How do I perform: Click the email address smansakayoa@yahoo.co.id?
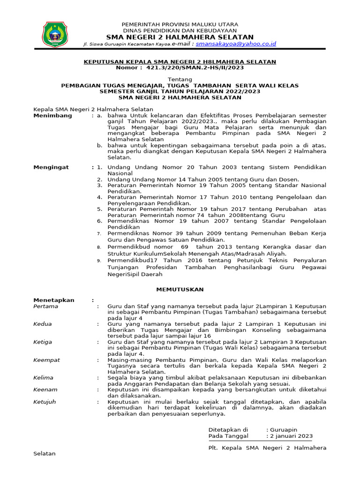click(x=236, y=44)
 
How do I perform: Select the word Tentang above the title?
click(x=180, y=80)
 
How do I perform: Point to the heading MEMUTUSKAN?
click(x=180, y=290)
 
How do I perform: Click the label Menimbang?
click(x=53, y=115)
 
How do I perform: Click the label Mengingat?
click(x=52, y=167)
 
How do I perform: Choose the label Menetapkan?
click(x=54, y=300)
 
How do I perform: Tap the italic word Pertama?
click(x=46, y=306)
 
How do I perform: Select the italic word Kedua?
click(x=43, y=324)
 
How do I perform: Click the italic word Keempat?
click(x=46, y=360)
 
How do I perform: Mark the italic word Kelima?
click(x=44, y=377)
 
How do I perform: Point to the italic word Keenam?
click(x=45, y=390)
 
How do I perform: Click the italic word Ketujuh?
click(x=45, y=402)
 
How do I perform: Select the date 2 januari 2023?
click(x=291, y=436)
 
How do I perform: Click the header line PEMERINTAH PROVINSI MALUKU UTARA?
click(x=180, y=24)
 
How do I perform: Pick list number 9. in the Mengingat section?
click(x=99, y=260)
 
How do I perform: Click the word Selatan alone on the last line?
click(x=45, y=454)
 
